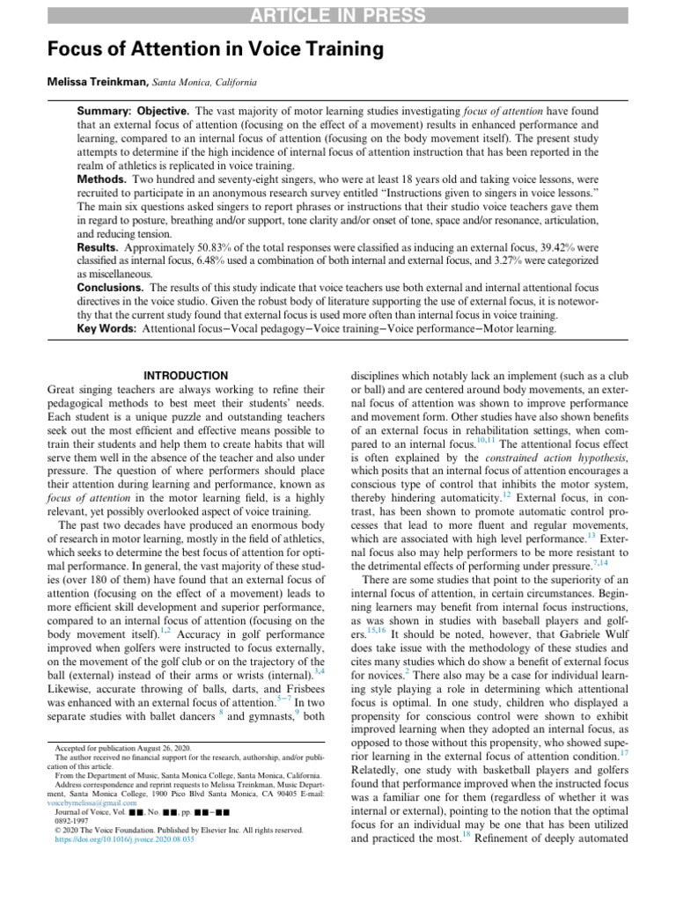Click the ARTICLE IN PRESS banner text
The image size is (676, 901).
pos(338,15)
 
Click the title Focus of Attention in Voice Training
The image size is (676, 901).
pos(216,50)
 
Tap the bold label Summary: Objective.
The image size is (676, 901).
pos(133,112)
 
